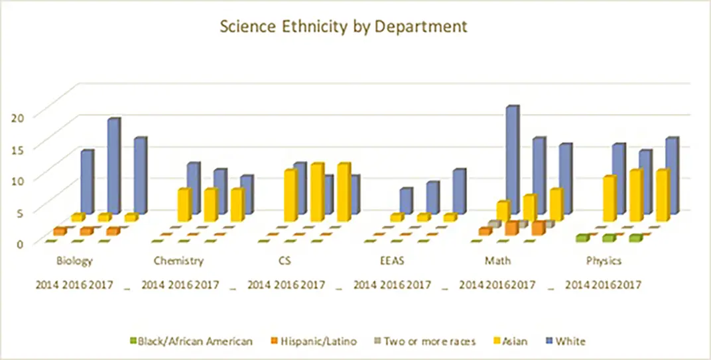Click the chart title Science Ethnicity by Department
[x=344, y=27]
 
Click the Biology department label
[x=75, y=261]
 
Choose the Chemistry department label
[x=178, y=261]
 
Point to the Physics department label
[x=604, y=261]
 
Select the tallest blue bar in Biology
[x=113, y=166]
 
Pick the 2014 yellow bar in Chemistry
[x=184, y=205]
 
